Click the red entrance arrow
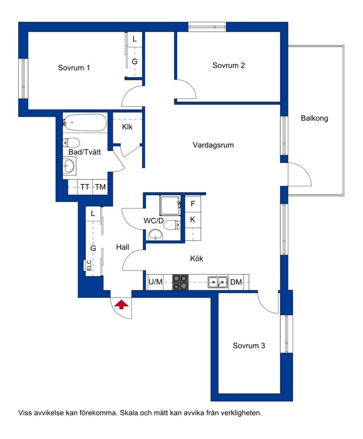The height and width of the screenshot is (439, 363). [121, 304]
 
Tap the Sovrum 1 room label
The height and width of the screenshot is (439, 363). [74, 68]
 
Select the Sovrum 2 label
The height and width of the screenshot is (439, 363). [228, 66]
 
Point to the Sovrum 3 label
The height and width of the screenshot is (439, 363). [249, 346]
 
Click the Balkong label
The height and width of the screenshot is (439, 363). [314, 118]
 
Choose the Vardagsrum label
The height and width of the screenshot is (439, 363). [213, 145]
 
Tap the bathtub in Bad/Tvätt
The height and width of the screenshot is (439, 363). [85, 122]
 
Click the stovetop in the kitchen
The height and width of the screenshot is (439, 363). [180, 282]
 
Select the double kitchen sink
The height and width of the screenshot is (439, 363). [217, 282]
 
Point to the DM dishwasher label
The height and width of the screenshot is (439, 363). [236, 282]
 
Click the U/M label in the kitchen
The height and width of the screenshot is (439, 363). [155, 282]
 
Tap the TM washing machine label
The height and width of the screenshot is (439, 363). [100, 187]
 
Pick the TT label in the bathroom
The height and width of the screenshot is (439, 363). [85, 187]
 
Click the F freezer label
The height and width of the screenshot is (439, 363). [193, 203]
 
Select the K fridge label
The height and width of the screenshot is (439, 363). [192, 219]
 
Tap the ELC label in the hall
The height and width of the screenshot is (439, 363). [89, 265]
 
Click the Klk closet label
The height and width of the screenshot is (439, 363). [127, 127]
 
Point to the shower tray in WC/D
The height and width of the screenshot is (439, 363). [170, 205]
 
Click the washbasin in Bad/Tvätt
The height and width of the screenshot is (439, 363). [69, 166]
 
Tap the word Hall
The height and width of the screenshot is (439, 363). [123, 247]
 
